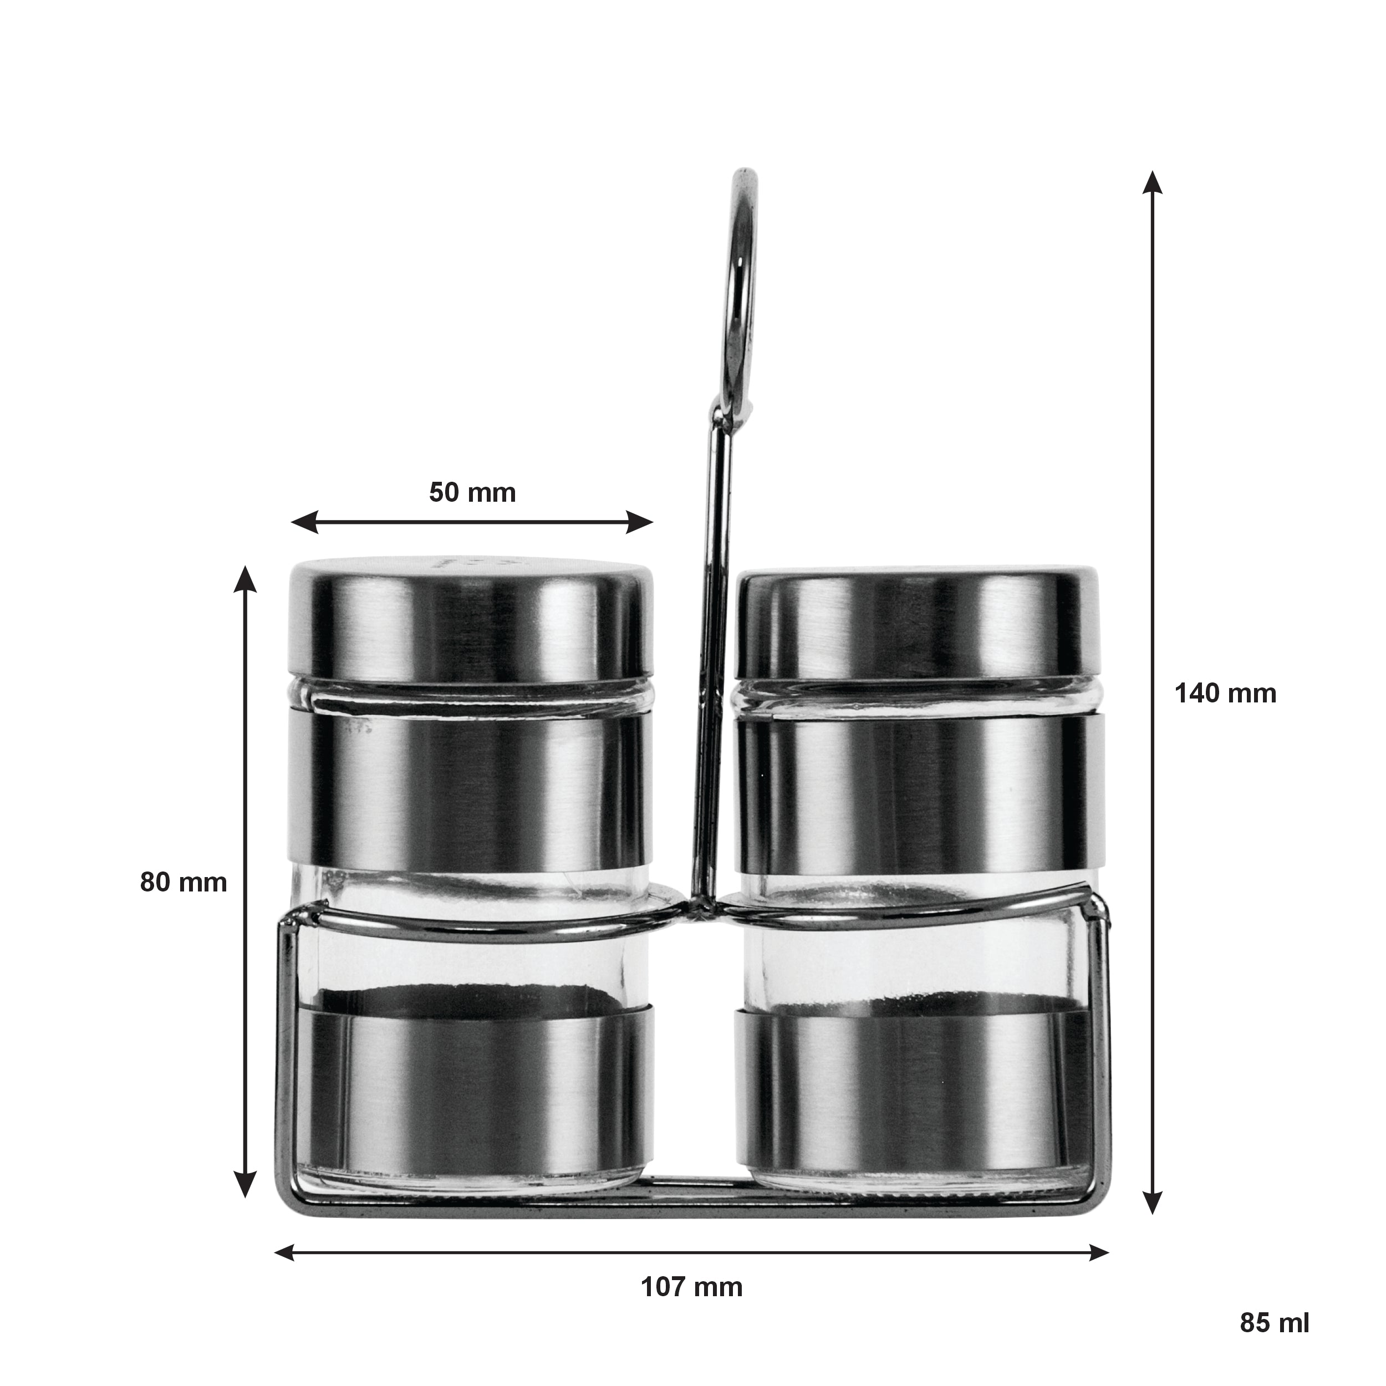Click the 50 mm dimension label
pos(472,492)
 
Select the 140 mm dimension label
pos(1225,693)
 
